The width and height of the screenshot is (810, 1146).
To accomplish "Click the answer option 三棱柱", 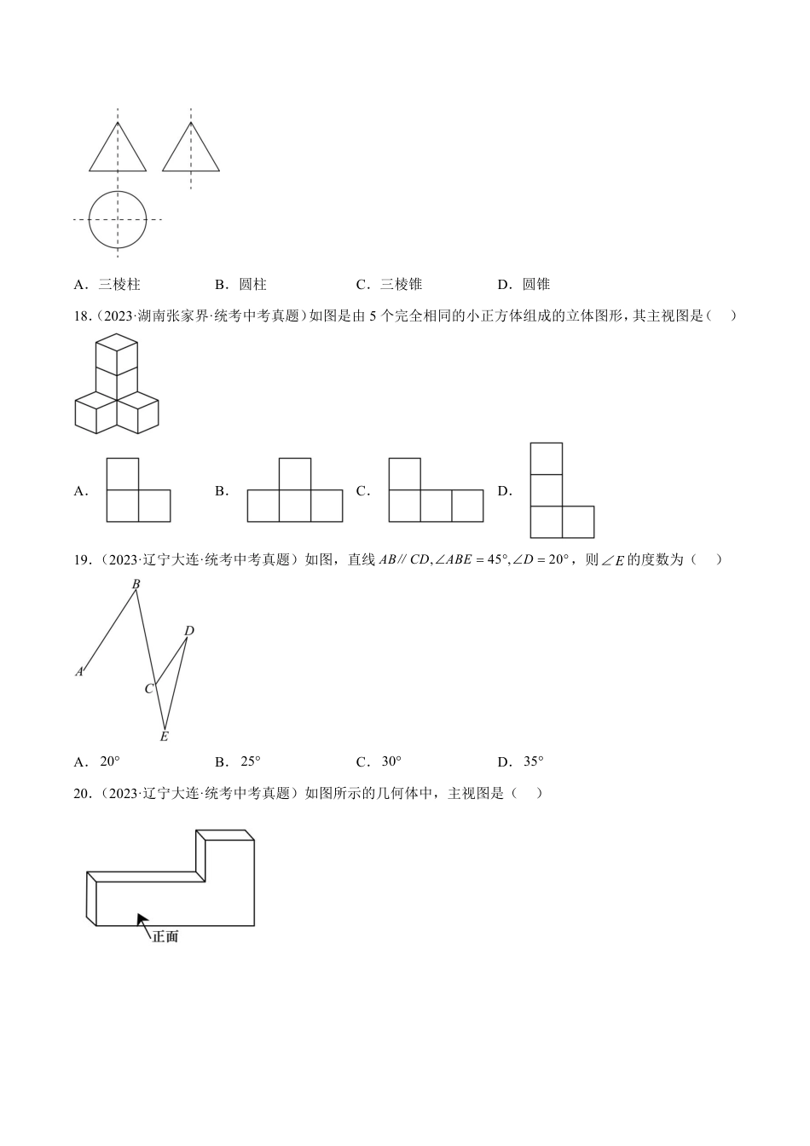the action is pos(119,285).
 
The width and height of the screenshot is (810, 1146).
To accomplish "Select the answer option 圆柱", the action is pos(252,285).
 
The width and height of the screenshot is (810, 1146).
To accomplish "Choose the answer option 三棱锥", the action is pos(401,285).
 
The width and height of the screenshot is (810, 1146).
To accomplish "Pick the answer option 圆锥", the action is pos(536,285).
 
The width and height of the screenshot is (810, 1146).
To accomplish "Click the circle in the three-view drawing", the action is pos(118,219).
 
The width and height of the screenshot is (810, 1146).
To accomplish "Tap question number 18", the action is pos(83,316).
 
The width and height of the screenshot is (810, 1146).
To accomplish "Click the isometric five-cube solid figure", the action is pos(117,385).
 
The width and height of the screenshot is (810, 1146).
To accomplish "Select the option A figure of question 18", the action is pos(138,489).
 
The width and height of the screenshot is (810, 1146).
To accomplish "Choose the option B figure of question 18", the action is pos(295,489).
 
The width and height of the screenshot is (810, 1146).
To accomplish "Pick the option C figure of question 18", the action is pos(436,489).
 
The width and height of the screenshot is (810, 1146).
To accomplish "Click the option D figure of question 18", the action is pos(561,490).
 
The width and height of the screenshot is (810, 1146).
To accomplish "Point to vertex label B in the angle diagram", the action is pos(136,584).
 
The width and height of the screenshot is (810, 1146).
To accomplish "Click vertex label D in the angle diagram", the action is pos(189,631).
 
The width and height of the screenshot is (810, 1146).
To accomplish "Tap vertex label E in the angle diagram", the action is pos(165,737).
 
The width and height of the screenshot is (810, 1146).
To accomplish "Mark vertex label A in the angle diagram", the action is pos(79,672).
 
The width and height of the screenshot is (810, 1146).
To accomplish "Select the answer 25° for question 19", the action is pos(250,762).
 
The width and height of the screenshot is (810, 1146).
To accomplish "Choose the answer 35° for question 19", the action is pos(533,762).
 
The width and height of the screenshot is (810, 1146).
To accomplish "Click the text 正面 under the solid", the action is pos(165,937).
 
